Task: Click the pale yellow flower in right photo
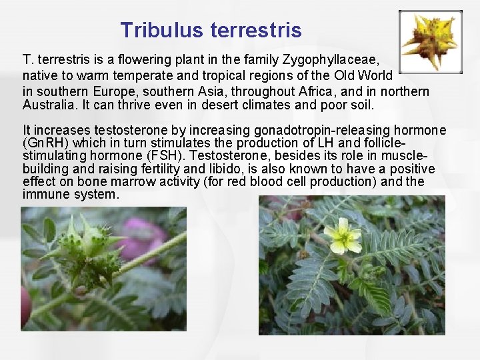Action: [x=343, y=236]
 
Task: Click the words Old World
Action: [x=367, y=75]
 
